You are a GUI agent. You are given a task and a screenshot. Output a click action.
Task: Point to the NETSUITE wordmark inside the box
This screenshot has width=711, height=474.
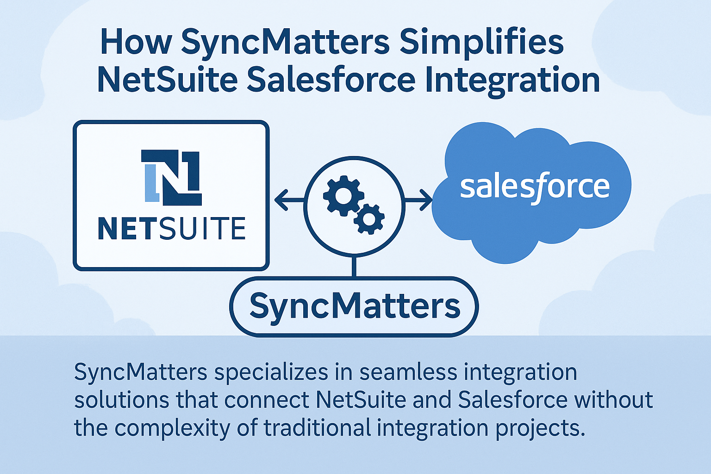click(x=171, y=228)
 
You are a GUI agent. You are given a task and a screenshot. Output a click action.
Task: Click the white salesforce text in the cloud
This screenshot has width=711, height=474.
click(x=535, y=187)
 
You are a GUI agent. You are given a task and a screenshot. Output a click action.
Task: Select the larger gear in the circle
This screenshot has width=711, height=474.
click(x=343, y=195)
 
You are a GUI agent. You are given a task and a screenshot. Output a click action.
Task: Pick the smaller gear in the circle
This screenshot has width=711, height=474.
click(x=369, y=218)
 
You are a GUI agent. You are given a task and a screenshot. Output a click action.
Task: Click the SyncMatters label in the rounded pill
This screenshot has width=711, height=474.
click(x=355, y=306)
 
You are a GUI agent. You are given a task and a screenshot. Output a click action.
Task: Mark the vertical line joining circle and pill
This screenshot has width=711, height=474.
click(x=354, y=266)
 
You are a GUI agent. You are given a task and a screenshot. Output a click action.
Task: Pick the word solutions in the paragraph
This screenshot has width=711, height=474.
click(x=121, y=400)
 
